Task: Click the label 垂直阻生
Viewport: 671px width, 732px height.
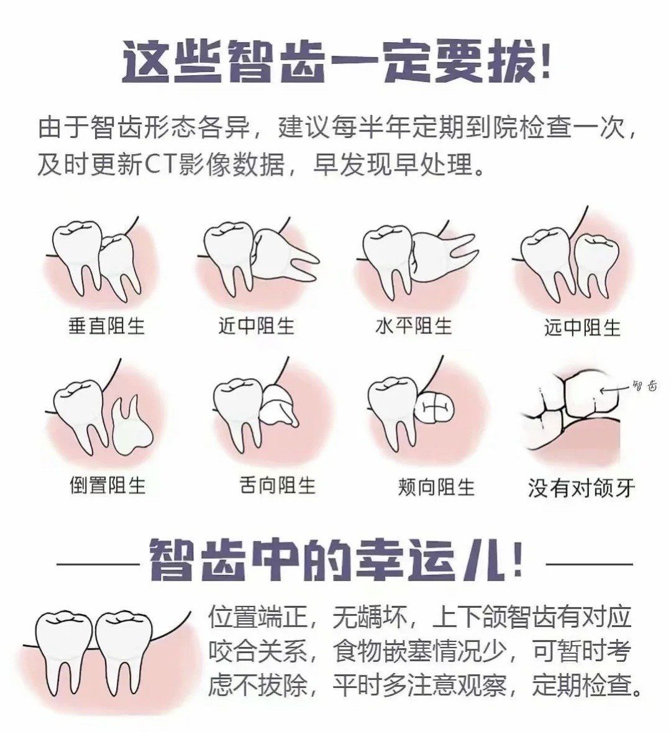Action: tap(106, 325)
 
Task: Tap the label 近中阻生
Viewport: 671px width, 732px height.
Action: tap(256, 325)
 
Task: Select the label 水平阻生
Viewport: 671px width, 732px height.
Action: tap(414, 325)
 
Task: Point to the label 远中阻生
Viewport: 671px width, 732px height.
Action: tap(582, 327)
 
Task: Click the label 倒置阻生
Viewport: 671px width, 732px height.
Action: tap(107, 486)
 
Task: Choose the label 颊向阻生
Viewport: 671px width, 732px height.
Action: tap(437, 487)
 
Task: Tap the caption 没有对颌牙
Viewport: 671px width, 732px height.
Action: tap(582, 488)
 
